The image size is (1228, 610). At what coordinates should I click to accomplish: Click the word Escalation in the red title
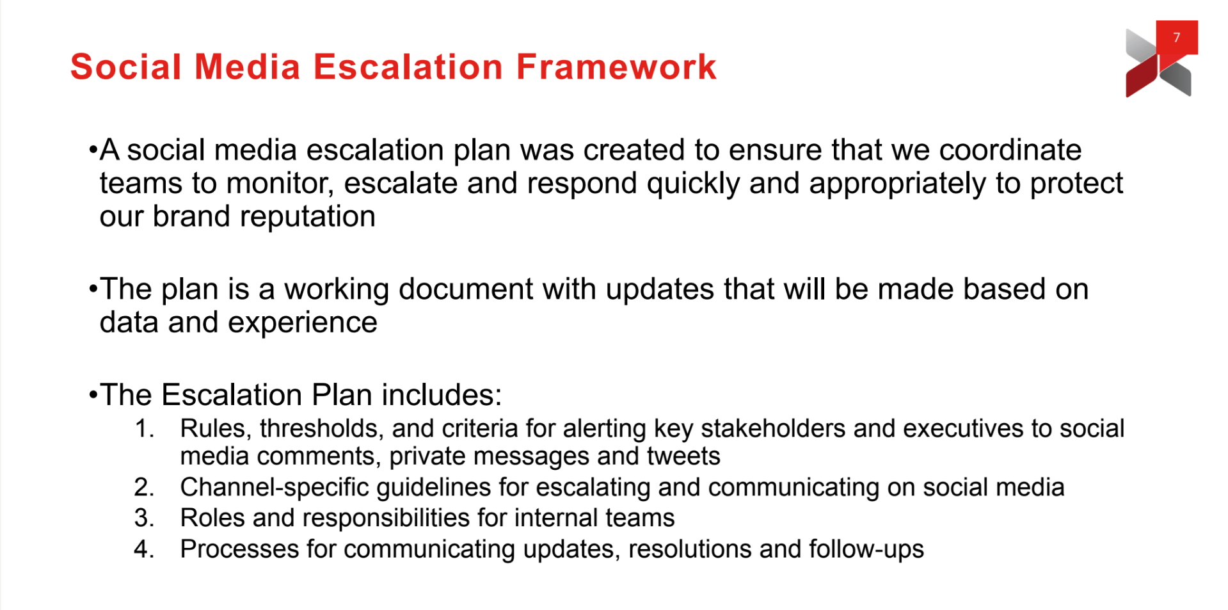click(408, 67)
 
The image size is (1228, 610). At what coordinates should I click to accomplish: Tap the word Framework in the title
click(616, 67)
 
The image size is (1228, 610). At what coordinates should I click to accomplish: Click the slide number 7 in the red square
click(1176, 37)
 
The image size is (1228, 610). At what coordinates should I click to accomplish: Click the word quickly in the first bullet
click(693, 184)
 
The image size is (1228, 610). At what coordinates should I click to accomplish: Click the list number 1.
click(144, 428)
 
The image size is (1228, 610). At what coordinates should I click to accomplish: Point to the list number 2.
click(144, 488)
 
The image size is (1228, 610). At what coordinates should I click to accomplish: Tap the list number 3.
click(144, 518)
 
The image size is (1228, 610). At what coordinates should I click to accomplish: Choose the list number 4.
click(144, 549)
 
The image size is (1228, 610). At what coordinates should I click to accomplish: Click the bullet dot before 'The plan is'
click(93, 289)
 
